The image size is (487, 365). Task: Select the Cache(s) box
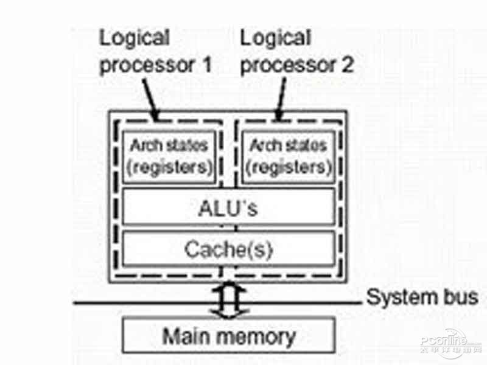[x=228, y=249]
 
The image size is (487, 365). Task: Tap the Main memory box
[x=228, y=335]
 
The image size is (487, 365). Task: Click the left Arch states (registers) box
[x=169, y=156]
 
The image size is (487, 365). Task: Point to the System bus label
[x=422, y=298]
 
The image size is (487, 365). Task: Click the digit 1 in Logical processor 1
[x=205, y=64]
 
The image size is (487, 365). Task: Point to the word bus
[x=459, y=298]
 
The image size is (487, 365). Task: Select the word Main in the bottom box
[x=186, y=335]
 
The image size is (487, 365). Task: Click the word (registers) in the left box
[x=169, y=166]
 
